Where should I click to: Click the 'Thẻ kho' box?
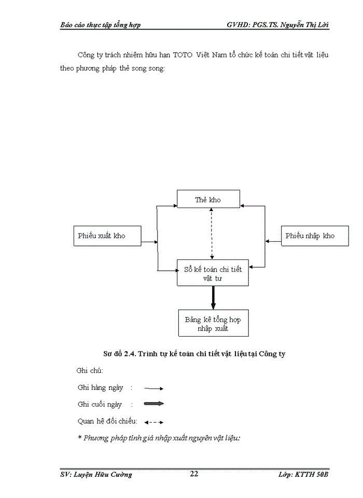[x=208, y=199]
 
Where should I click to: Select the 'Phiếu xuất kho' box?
[x=107, y=236]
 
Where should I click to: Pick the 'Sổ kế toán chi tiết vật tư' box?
[x=213, y=273]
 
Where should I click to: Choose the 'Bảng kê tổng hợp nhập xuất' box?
[x=213, y=324]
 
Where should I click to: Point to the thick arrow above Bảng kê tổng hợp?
[x=213, y=298]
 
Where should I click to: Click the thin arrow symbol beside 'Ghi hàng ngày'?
[x=154, y=388]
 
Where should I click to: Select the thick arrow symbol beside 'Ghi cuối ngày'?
[x=154, y=404]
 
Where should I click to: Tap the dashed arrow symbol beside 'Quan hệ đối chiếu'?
[x=154, y=422]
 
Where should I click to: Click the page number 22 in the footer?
[x=194, y=474]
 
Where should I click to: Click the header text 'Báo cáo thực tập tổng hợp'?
[x=101, y=25]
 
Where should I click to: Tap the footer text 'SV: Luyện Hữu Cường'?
[x=96, y=474]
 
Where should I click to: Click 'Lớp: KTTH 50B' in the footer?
[x=304, y=474]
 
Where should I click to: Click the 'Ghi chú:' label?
[x=89, y=371]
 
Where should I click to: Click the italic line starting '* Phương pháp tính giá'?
[x=159, y=438]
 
